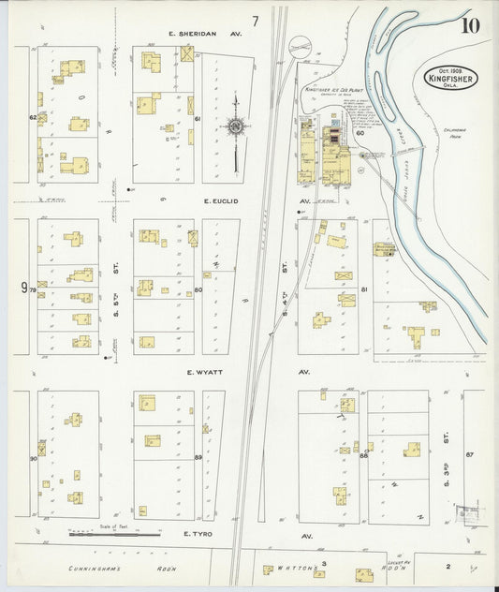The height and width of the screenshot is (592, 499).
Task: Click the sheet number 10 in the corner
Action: (469, 24)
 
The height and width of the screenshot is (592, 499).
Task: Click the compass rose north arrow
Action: (235, 124)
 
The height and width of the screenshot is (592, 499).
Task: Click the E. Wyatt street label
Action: (202, 372)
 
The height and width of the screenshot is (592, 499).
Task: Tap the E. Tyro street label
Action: (199, 535)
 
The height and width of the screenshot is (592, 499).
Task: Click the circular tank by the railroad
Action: (301, 44)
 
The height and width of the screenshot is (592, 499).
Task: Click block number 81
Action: (363, 289)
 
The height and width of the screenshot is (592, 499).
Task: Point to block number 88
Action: (363, 455)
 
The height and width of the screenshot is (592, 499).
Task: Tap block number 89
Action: (198, 456)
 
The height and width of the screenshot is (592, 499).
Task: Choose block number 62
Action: (33, 118)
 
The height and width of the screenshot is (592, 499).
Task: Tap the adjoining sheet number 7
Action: (255, 21)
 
